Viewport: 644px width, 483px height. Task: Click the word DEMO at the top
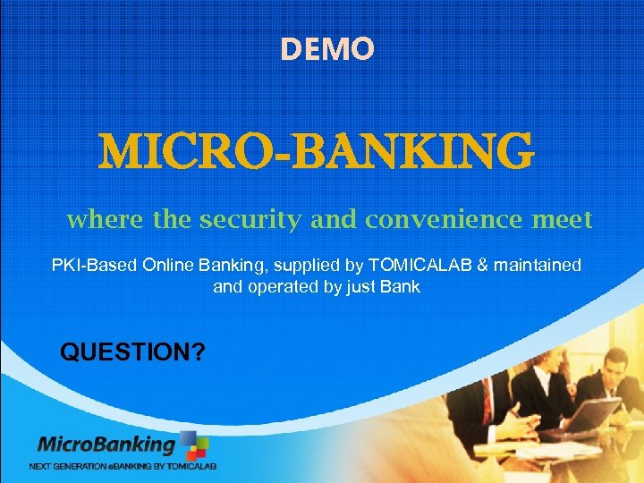click(x=326, y=49)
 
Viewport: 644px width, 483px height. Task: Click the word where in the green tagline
click(x=97, y=219)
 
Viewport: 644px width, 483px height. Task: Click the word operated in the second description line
click(x=286, y=288)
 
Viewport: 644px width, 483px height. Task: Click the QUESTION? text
click(x=132, y=352)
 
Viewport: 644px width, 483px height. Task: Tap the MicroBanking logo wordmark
click(x=106, y=445)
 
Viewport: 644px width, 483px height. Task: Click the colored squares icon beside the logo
click(x=194, y=445)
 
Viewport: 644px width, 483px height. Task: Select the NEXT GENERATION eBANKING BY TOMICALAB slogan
click(x=123, y=466)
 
